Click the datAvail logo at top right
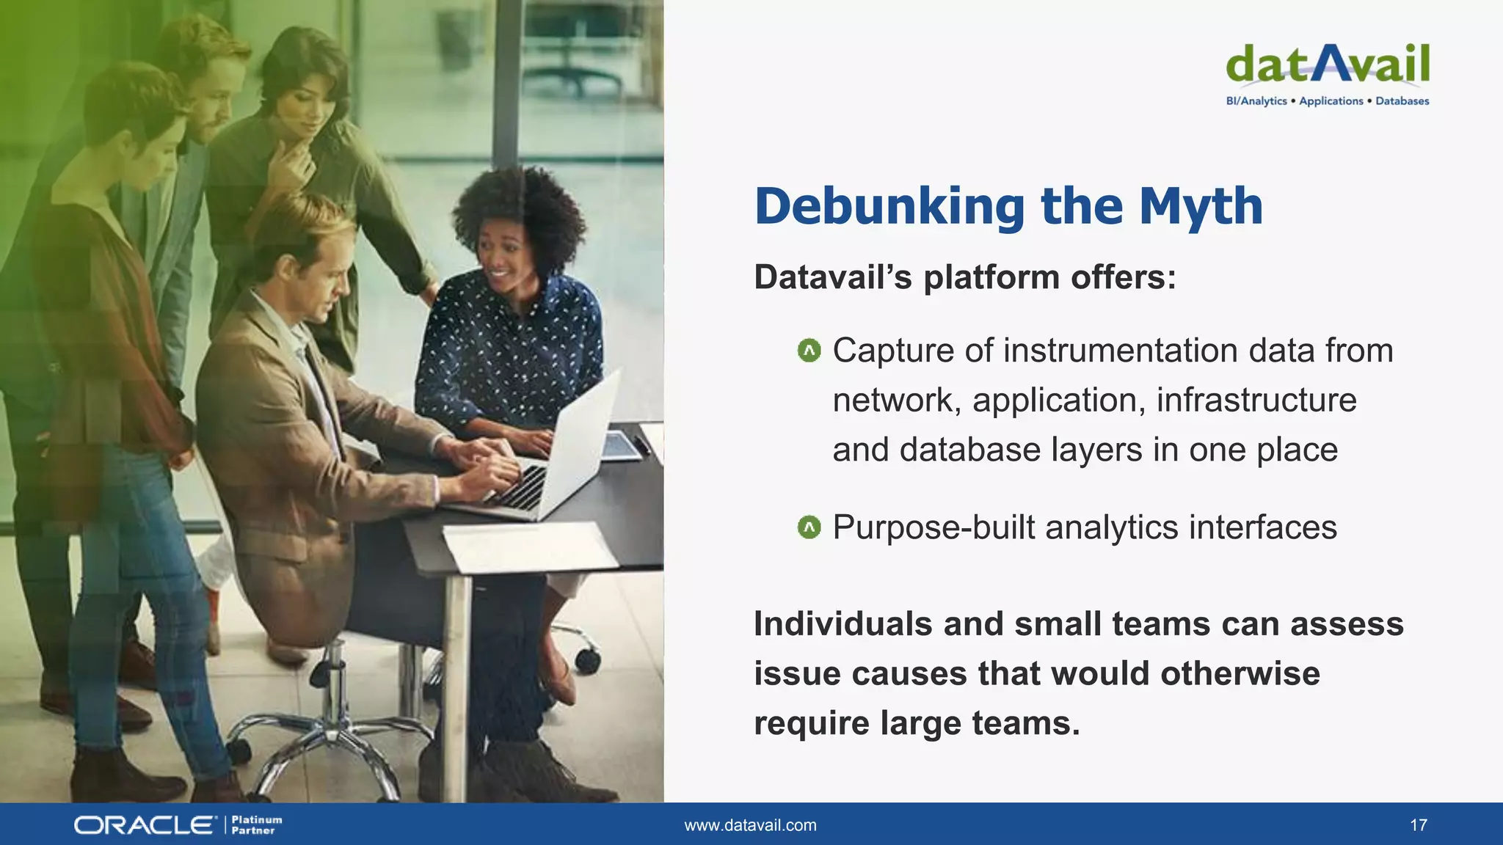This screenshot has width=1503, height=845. tap(1327, 65)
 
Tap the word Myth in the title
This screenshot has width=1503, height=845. tap(1201, 206)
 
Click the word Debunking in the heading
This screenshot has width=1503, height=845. tap(889, 208)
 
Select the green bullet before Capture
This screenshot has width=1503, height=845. tap(809, 351)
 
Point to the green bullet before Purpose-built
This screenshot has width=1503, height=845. tap(809, 527)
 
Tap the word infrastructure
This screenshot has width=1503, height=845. tap(1256, 400)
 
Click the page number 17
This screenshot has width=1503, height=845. tap(1418, 825)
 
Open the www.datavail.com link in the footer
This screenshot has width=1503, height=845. tap(750, 825)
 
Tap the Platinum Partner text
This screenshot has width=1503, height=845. tap(256, 825)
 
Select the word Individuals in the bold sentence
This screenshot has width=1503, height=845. tap(842, 624)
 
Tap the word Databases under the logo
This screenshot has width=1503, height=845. tap(1402, 101)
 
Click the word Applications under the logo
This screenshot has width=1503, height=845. tap(1331, 101)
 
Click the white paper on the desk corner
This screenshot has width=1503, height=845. tap(528, 547)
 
